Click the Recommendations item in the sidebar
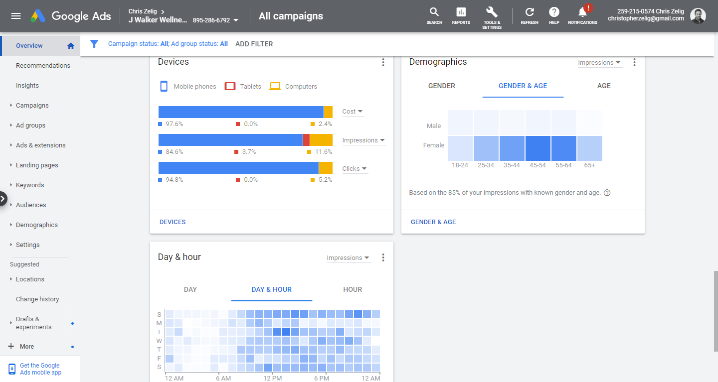pos(43,65)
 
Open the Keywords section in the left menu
pos(30,185)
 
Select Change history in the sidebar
pos(37,299)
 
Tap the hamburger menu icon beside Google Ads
pos(16,16)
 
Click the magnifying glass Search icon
pos(434,12)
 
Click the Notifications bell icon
pos(582,13)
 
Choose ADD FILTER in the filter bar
pos(254,44)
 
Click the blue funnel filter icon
pos(94,43)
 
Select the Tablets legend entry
pos(243,87)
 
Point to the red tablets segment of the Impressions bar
pos(306,140)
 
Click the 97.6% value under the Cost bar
pos(175,124)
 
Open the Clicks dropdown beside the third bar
pos(354,169)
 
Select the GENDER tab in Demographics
pos(441,86)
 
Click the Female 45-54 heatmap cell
pos(538,148)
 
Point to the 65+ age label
pos(589,165)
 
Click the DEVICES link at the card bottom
pos(173,222)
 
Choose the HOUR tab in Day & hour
pos(352,289)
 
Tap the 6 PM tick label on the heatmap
pos(322,378)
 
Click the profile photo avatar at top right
pos(698,16)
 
